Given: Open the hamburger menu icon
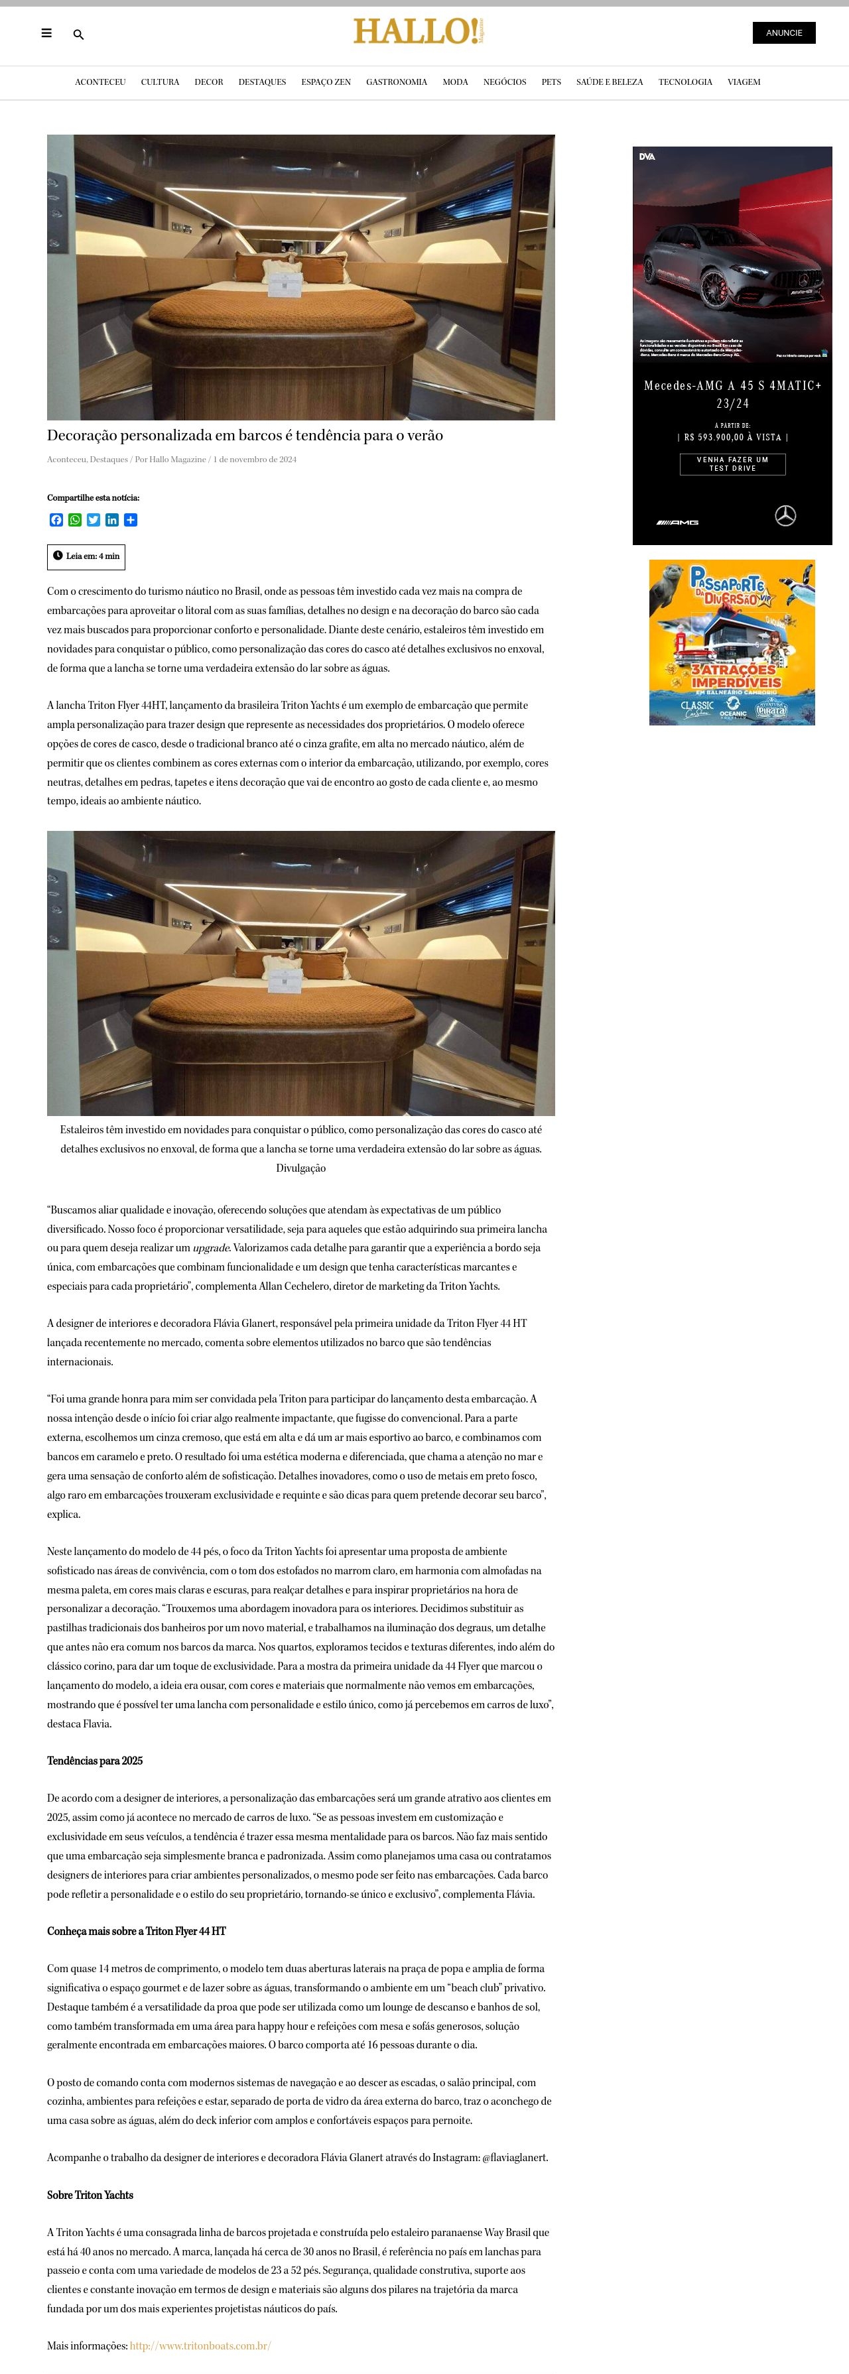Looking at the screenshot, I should click(x=46, y=33).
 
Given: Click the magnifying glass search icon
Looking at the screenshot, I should click(x=78, y=35).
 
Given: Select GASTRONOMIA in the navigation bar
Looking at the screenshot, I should click(x=397, y=82).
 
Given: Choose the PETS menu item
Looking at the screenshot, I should click(x=551, y=82).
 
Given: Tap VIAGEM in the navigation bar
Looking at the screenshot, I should click(x=744, y=82).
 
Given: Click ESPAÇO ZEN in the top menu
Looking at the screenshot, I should click(x=326, y=82).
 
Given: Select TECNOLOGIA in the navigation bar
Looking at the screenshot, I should click(x=685, y=82).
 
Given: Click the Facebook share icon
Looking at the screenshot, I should click(x=56, y=520).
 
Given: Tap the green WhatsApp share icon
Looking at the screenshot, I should click(x=75, y=520).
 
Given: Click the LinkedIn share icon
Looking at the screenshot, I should click(x=111, y=520).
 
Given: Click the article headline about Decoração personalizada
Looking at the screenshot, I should click(x=245, y=436).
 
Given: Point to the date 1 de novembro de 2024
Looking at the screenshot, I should click(x=255, y=459).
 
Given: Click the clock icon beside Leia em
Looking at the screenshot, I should click(x=58, y=556).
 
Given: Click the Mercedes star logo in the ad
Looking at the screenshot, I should click(x=785, y=515).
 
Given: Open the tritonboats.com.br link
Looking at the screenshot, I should click(x=200, y=2345).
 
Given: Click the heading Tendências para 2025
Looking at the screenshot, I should click(x=95, y=1760).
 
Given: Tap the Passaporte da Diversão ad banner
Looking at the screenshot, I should click(x=732, y=643).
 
